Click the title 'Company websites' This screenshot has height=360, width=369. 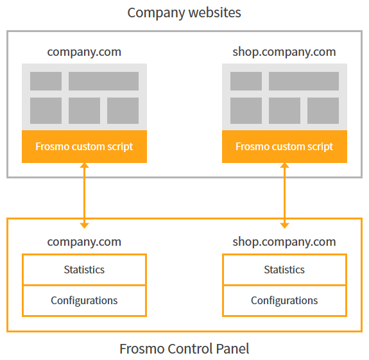point(184,12)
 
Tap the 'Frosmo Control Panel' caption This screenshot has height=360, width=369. point(184,349)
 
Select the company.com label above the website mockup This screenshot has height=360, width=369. point(84,52)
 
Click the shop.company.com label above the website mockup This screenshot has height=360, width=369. point(284,52)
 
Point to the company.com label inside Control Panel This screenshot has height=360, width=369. point(84,242)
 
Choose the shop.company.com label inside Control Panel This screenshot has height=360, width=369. point(284,242)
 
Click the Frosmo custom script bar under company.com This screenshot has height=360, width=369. point(84,146)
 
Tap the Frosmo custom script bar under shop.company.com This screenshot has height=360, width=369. point(284,146)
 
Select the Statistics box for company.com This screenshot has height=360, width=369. point(84,270)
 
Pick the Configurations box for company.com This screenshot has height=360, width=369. point(84,300)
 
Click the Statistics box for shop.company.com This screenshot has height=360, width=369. point(284,270)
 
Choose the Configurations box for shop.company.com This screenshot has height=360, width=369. point(284,300)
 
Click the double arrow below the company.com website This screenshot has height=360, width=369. point(84,195)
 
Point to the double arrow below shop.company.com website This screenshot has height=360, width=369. point(284,195)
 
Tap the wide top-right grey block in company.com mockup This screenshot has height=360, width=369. point(103,81)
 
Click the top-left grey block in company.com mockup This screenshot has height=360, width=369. point(46,81)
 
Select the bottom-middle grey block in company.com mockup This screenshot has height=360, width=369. point(84,110)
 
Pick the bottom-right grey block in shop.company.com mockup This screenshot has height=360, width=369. point(323,110)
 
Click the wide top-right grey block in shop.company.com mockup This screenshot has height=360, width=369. point(304,81)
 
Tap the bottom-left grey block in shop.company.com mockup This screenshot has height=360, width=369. point(246,110)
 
